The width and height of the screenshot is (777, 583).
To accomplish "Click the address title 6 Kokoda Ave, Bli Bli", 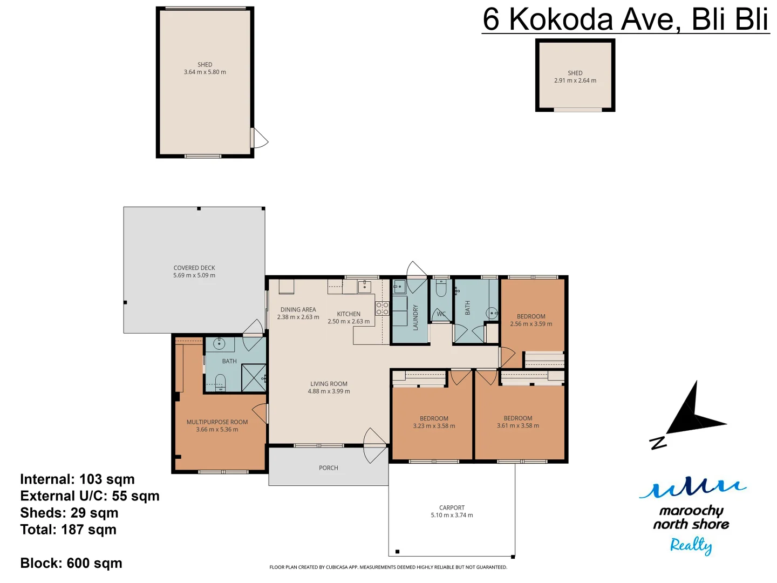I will point(625,19).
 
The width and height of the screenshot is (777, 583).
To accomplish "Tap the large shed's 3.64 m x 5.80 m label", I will point(205,72).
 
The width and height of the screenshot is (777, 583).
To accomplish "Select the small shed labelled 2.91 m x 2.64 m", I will point(575,77).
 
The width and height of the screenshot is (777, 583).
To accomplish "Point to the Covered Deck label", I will point(194,268).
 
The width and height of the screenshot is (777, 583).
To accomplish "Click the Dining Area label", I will point(298,310).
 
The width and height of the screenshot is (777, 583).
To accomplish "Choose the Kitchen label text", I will point(349,314).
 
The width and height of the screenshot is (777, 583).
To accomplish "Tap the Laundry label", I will point(415,317).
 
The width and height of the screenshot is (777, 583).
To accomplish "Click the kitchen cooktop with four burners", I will point(382,309).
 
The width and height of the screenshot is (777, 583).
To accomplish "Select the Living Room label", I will point(329,384).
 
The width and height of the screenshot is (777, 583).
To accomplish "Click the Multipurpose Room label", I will point(217,422).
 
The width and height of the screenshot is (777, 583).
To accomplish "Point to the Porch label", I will point(328,468).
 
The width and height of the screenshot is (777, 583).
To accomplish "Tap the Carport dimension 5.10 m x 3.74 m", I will point(452,515).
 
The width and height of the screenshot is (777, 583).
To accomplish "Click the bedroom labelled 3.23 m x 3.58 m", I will point(434,422).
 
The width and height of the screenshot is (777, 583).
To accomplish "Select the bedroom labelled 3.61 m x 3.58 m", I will point(518,422).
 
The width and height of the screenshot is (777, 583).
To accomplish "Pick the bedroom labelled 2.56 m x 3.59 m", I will point(531,320).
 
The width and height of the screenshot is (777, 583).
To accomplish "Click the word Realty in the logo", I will point(691,545).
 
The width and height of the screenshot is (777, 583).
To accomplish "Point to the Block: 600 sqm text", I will point(71,563).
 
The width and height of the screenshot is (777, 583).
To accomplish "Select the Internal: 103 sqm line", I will point(77,479).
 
